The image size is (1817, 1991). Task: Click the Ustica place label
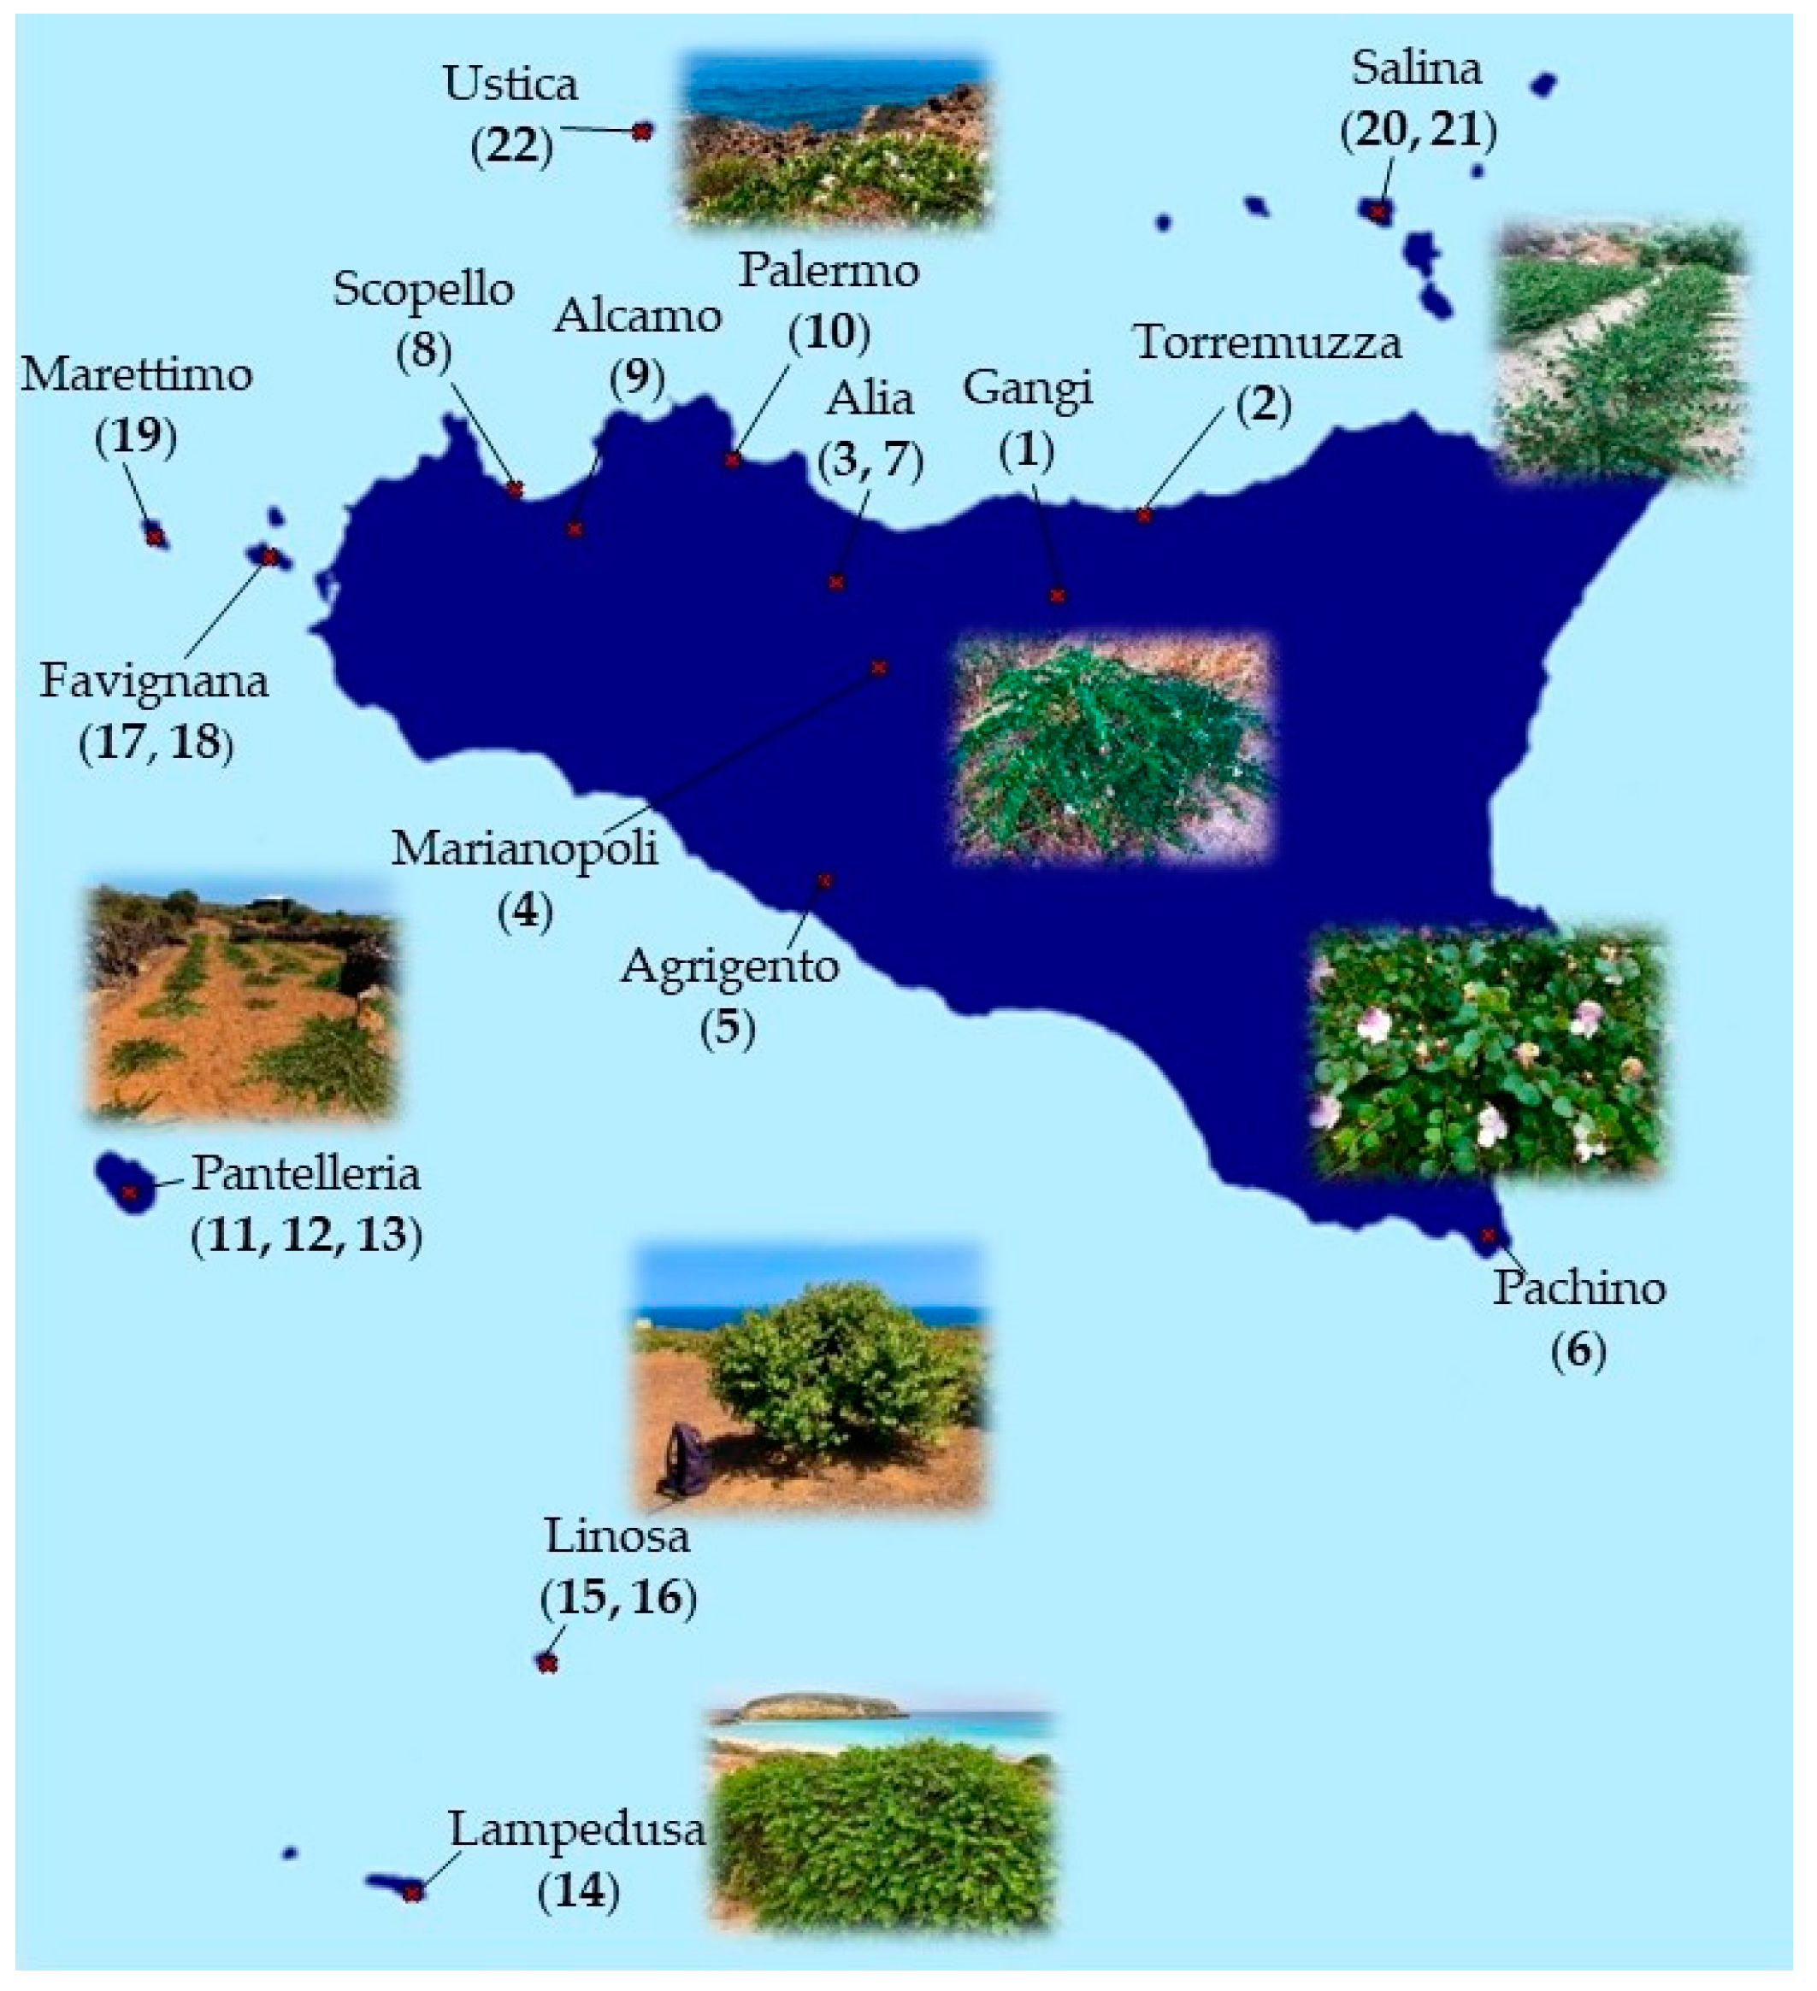[x=510, y=85]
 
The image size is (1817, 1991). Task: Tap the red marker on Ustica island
[x=642, y=131]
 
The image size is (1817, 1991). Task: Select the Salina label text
[x=1416, y=69]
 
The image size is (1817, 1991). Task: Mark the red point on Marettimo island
[x=154, y=537]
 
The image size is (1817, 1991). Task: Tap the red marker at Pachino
[x=1488, y=1236]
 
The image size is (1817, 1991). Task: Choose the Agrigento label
[x=729, y=966]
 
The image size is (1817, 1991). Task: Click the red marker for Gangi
[x=1057, y=596]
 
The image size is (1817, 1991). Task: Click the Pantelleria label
[x=305, y=1174]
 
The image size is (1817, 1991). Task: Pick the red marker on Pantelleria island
[x=128, y=1193]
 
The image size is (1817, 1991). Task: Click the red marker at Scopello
[x=515, y=489]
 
